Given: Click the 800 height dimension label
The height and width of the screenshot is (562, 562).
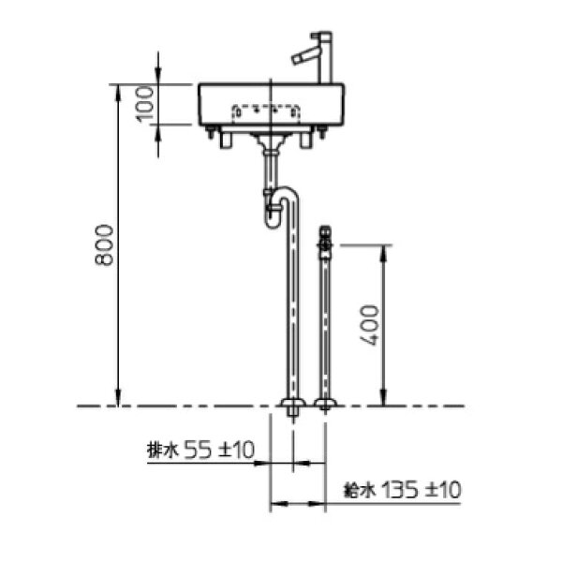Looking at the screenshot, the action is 104,244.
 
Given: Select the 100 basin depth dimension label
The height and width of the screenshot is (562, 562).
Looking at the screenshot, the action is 145,104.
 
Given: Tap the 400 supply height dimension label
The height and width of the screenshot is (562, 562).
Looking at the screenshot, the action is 369,325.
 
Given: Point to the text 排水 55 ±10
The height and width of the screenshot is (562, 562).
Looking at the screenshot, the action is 200,450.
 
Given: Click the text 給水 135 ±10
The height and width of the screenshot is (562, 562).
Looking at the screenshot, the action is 402,490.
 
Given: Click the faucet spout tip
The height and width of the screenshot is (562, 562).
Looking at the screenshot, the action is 295,60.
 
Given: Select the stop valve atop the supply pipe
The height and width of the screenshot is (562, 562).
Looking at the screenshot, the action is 325,242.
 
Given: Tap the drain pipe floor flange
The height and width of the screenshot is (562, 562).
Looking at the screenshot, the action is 293,404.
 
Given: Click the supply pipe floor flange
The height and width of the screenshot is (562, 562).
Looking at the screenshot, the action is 325,404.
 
